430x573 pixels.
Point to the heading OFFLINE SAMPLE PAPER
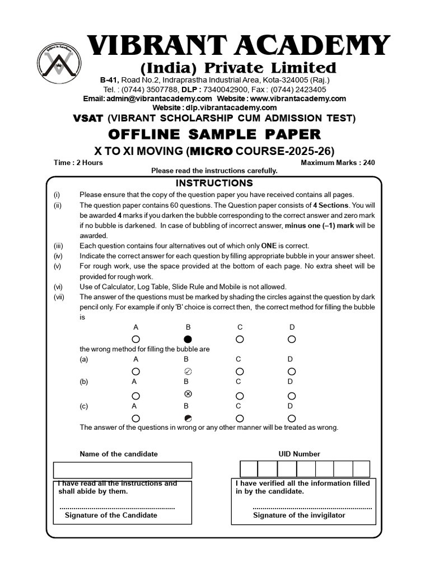(x=214, y=134)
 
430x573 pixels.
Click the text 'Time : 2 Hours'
(x=78, y=163)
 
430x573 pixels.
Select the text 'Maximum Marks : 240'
(x=338, y=163)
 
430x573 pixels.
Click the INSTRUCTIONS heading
(x=214, y=183)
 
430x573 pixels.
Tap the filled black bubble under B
(x=188, y=339)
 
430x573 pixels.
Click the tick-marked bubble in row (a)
(x=188, y=372)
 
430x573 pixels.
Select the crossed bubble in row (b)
(x=188, y=395)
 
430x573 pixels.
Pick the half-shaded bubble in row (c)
(x=188, y=418)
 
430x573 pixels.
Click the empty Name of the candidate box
(x=123, y=470)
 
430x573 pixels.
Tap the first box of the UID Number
(x=249, y=469)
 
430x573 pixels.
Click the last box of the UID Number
(x=361, y=469)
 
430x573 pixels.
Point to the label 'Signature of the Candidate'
(x=111, y=515)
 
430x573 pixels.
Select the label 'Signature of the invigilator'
(x=299, y=515)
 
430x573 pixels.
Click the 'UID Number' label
(x=299, y=454)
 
